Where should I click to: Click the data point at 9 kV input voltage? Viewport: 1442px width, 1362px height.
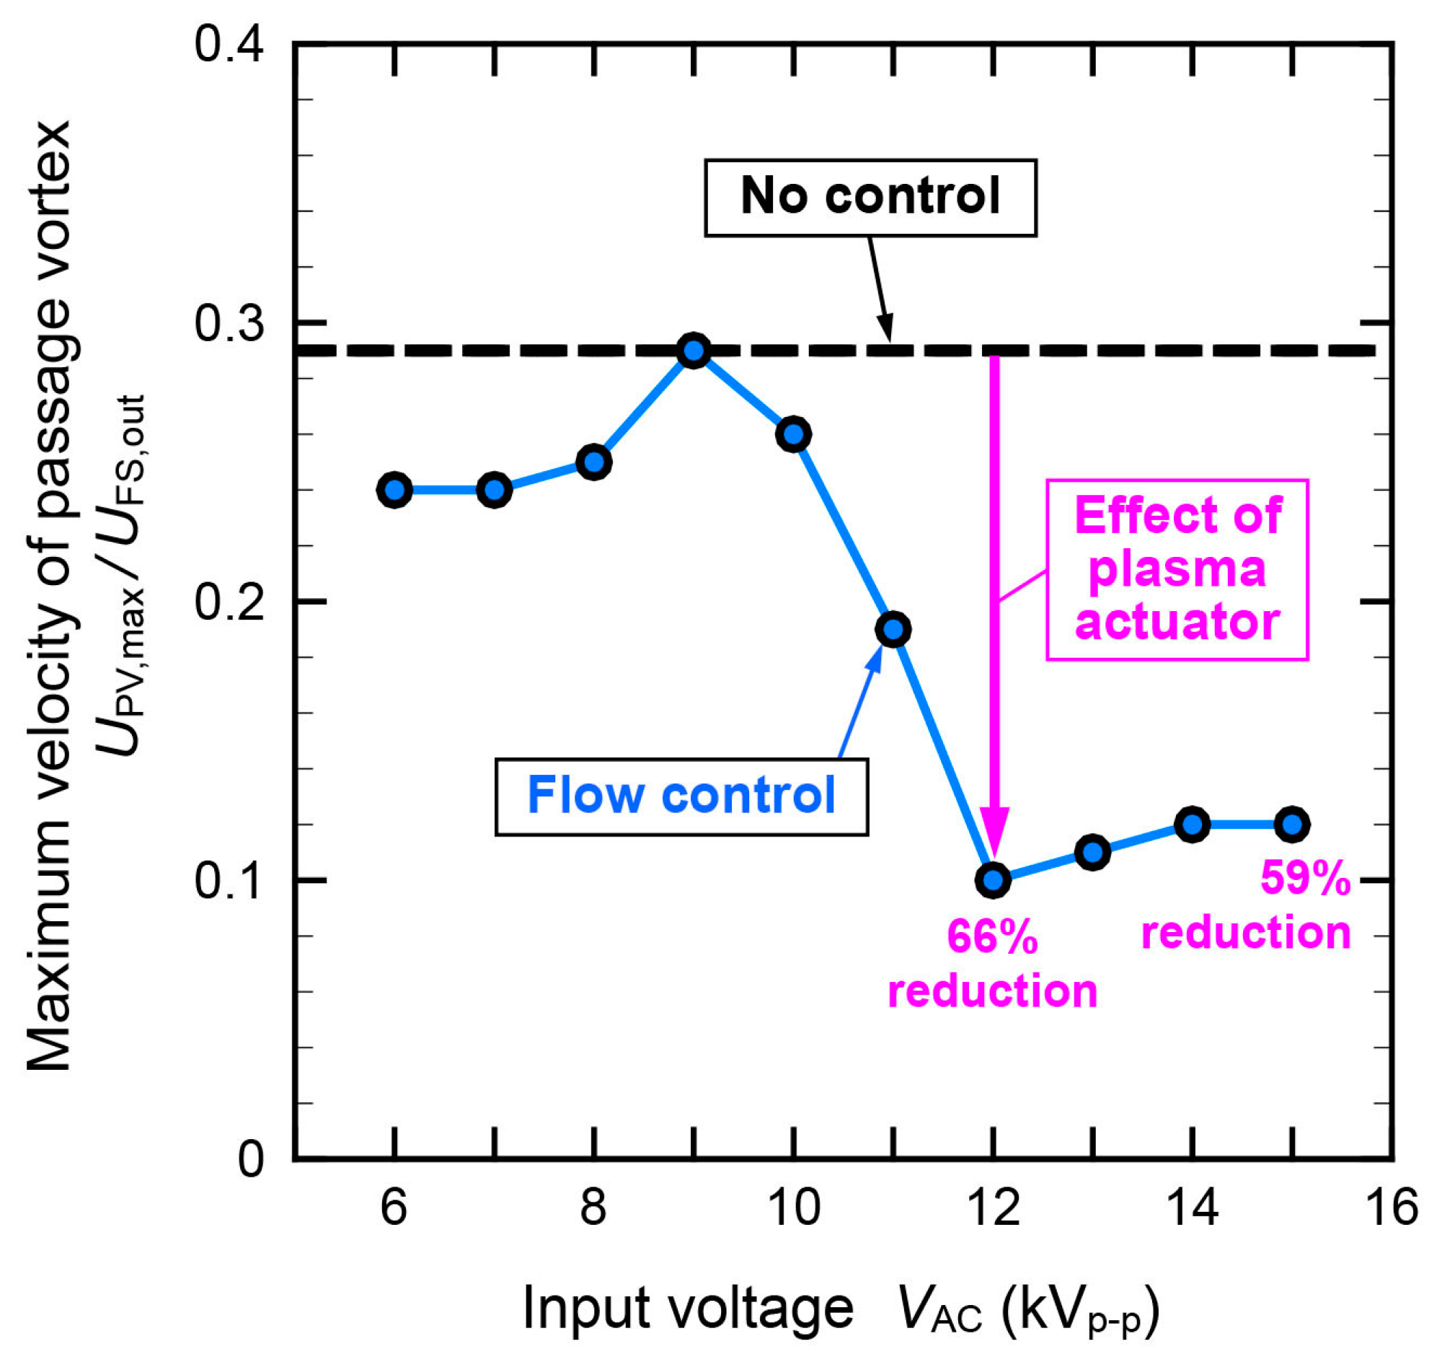point(694,351)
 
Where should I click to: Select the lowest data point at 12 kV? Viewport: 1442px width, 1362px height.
point(994,880)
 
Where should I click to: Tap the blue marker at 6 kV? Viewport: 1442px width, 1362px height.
point(395,490)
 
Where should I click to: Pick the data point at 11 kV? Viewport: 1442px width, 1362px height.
point(893,629)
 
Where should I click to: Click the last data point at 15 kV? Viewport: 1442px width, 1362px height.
point(1293,824)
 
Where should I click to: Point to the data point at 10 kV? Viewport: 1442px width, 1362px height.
point(794,434)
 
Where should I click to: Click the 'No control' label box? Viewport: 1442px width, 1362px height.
point(870,198)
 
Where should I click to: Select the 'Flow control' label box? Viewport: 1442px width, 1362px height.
point(681,796)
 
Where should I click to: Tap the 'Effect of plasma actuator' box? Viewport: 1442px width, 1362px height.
point(1177,569)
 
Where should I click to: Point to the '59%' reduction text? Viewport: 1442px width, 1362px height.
point(1306,878)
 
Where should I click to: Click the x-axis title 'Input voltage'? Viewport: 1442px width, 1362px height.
point(688,1309)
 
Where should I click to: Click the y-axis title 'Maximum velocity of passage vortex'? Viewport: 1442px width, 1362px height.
point(49,595)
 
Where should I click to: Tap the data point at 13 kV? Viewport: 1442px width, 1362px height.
point(1093,852)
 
